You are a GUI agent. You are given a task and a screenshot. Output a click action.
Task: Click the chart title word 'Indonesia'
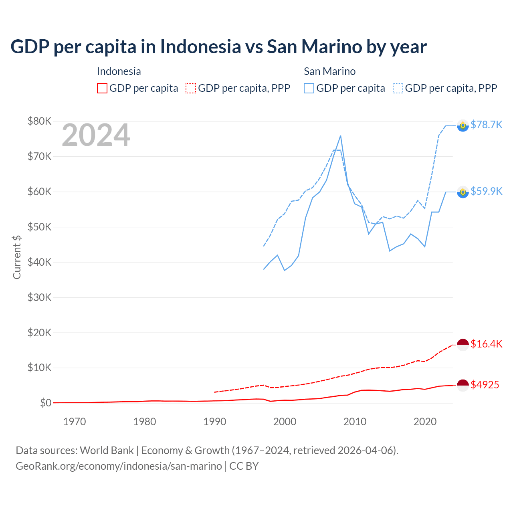pyautogui.click(x=200, y=47)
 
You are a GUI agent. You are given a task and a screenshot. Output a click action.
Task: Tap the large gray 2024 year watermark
pyautogui.click(x=96, y=135)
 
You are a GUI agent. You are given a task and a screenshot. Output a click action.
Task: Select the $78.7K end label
pyautogui.click(x=486, y=125)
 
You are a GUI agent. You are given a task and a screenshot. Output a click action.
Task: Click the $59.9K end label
pyautogui.click(x=486, y=191)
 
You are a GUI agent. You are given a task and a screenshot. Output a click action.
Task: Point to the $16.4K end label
pyautogui.click(x=486, y=344)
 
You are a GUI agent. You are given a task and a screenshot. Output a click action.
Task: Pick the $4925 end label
pyautogui.click(x=485, y=385)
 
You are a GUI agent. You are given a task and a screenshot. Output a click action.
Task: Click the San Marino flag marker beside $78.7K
pyautogui.click(x=463, y=125)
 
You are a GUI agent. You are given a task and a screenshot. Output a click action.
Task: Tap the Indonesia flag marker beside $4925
pyautogui.click(x=463, y=385)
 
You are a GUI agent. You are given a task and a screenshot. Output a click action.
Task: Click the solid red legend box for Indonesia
pyautogui.click(x=102, y=88)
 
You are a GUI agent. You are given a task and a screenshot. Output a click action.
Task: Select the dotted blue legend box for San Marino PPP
pyautogui.click(x=398, y=88)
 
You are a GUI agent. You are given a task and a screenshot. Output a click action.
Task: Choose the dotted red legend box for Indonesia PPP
pyautogui.click(x=191, y=88)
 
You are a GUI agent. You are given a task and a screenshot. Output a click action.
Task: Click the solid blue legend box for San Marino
pyautogui.click(x=309, y=88)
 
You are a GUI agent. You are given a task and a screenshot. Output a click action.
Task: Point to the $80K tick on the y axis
pyautogui.click(x=39, y=121)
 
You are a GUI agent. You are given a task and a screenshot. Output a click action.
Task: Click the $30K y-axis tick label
pyautogui.click(x=39, y=297)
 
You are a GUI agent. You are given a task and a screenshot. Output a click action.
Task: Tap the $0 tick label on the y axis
pyautogui.click(x=45, y=403)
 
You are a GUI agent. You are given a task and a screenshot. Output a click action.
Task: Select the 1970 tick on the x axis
pyautogui.click(x=75, y=422)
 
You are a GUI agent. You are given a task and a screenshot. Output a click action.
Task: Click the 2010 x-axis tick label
pyautogui.click(x=355, y=422)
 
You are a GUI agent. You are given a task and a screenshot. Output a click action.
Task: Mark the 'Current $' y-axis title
pyautogui.click(x=17, y=257)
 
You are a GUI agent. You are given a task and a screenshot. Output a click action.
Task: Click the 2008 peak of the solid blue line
pyautogui.click(x=341, y=136)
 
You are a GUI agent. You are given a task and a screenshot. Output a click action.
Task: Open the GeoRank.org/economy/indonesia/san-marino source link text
pyautogui.click(x=119, y=466)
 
